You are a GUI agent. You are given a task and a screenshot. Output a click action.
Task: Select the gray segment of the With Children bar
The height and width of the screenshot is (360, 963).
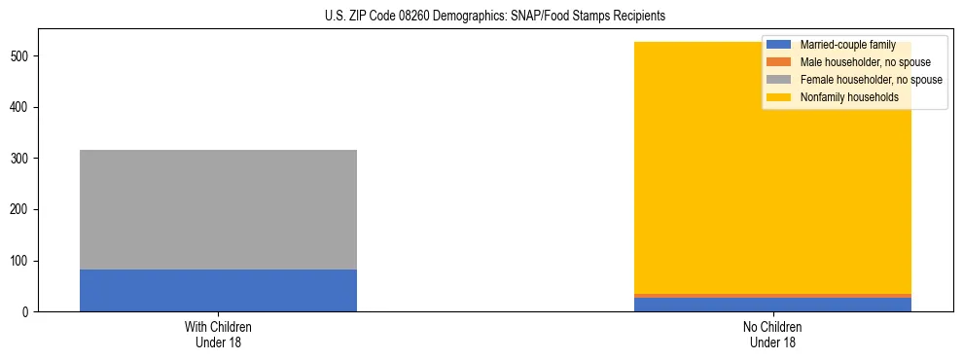tap(218, 209)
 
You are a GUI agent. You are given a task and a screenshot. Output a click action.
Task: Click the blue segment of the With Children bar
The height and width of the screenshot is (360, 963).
tap(218, 290)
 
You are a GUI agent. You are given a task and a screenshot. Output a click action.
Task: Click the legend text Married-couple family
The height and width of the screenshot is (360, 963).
tap(847, 45)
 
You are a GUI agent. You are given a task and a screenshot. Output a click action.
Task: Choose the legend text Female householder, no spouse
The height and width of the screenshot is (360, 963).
tap(871, 80)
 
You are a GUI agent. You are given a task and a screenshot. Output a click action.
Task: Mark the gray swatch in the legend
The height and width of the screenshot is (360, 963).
tap(779, 80)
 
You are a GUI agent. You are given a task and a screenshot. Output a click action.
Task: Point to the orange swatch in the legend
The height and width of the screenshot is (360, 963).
tap(779, 62)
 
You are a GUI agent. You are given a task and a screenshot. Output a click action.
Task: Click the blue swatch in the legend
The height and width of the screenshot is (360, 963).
tap(779, 45)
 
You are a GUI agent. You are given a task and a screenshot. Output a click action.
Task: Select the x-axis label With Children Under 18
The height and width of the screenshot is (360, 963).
tap(218, 335)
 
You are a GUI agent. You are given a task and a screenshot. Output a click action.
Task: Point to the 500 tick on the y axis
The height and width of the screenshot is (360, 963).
tap(22, 55)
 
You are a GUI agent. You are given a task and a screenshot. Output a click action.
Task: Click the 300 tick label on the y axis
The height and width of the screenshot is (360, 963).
tap(22, 158)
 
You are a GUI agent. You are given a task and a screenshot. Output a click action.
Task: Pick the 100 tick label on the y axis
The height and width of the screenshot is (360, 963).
tap(22, 261)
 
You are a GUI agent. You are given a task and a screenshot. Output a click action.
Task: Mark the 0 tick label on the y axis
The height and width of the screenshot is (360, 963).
tap(27, 312)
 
